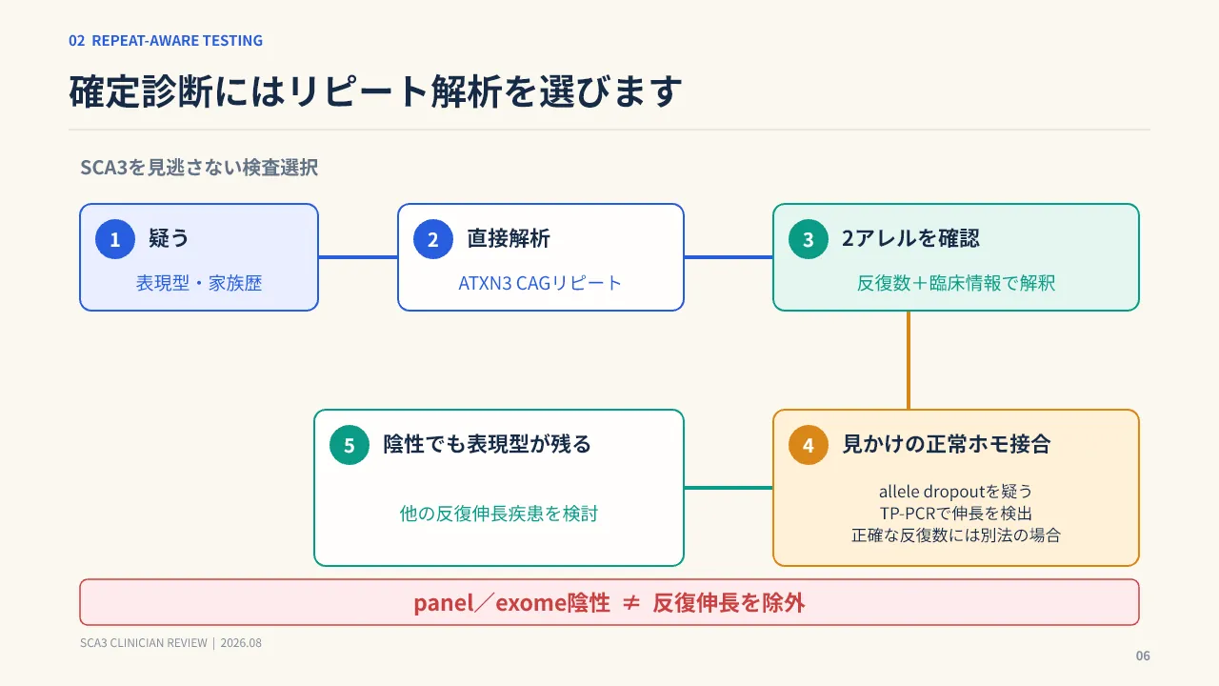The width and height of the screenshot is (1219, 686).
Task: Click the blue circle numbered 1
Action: click(x=115, y=239)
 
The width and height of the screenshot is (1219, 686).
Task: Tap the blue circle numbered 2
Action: click(x=433, y=239)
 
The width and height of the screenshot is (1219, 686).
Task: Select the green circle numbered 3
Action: click(x=809, y=239)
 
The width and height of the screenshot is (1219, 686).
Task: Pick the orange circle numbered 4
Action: click(x=809, y=445)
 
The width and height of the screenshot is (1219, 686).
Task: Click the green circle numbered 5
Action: click(x=350, y=445)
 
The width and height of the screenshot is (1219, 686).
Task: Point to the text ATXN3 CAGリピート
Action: click(x=540, y=283)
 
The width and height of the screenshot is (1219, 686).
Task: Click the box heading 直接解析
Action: click(x=509, y=238)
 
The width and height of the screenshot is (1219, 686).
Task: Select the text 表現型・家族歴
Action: click(x=199, y=283)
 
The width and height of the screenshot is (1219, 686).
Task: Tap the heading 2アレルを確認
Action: click(x=910, y=238)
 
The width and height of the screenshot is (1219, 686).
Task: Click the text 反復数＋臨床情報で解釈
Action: click(x=956, y=283)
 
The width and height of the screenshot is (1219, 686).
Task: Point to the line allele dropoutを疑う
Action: click(x=955, y=492)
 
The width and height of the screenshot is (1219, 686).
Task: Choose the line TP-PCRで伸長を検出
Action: click(x=955, y=514)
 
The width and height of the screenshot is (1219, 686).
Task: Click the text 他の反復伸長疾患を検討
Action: click(x=499, y=514)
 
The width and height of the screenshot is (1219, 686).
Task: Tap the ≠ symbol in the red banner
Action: click(x=631, y=603)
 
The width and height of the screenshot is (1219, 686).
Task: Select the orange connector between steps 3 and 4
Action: click(x=909, y=360)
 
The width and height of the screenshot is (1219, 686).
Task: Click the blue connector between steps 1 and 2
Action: click(x=358, y=257)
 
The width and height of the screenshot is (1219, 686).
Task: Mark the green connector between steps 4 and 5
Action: click(x=729, y=487)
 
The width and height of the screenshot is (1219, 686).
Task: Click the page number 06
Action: click(x=1143, y=656)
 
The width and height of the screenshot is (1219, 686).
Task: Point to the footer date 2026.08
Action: click(x=241, y=643)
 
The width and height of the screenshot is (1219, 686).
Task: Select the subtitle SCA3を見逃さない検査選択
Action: click(x=199, y=167)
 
